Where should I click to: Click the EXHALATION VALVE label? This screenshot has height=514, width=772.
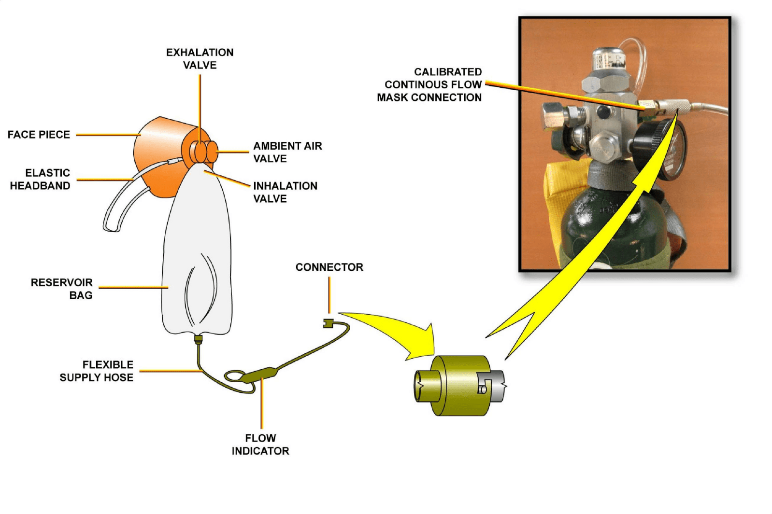pos(200,58)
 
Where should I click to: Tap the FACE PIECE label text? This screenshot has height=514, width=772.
pos(39,135)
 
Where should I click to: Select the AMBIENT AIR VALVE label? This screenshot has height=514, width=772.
pos(287,152)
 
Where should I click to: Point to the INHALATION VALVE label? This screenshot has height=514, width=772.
pos(285,192)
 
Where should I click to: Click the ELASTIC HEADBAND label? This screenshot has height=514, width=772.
pos(41,179)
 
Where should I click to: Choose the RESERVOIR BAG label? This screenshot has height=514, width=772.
pos(62,289)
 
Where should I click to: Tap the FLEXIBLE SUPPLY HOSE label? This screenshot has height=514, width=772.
pos(97,371)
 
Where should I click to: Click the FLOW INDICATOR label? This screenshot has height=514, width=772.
pos(260,445)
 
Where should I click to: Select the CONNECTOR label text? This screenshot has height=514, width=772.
pos(329,267)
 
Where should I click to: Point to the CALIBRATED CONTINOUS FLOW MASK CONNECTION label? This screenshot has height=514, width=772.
pos(429,84)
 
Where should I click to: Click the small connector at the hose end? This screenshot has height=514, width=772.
pos(329,323)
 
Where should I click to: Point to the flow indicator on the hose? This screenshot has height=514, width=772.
pos(261,374)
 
